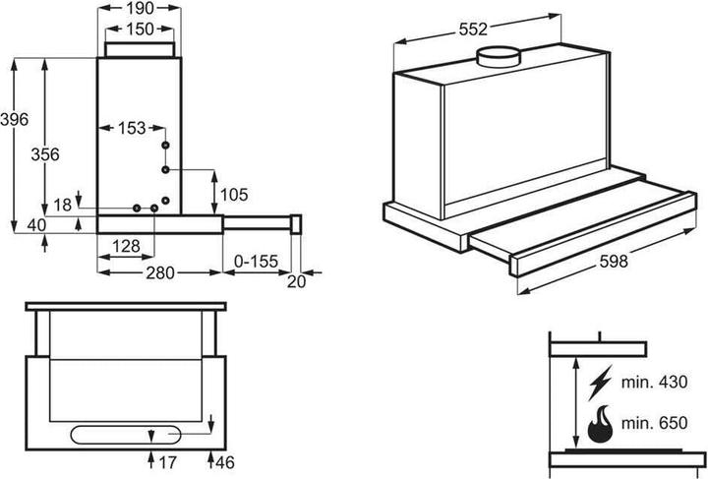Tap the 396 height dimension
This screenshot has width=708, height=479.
click(14, 120)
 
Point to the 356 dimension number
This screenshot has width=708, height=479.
click(44, 154)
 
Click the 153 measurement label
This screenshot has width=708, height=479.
click(131, 128)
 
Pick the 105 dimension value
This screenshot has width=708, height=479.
click(235, 195)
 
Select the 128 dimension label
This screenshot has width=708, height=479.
click(125, 246)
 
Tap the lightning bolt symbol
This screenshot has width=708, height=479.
click(598, 380)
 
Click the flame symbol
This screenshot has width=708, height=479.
click(598, 424)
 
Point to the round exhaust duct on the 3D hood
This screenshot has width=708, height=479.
click(498, 58)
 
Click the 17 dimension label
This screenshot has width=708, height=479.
click(167, 460)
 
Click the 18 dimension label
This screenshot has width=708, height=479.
click(63, 204)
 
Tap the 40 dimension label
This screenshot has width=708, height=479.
click(37, 225)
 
